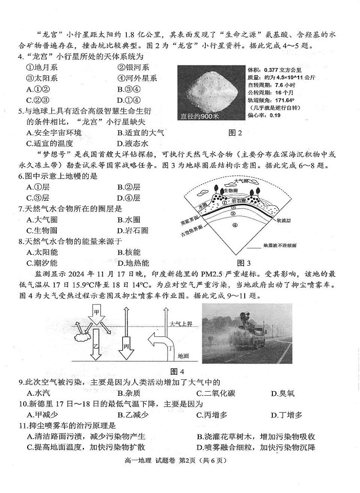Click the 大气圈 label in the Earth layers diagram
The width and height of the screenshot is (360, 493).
(243, 181)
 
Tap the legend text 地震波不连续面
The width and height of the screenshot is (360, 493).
(279, 245)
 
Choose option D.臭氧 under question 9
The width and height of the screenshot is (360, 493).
(283, 393)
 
